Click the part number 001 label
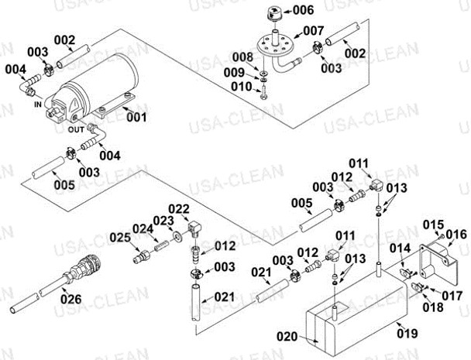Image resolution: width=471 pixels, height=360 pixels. click(136, 118)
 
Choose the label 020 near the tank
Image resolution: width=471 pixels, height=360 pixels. click(287, 336)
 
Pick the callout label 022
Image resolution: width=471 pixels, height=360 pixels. click(178, 208)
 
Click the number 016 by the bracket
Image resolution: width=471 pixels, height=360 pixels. click(456, 234)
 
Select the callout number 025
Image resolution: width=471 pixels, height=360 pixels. click(119, 235)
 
